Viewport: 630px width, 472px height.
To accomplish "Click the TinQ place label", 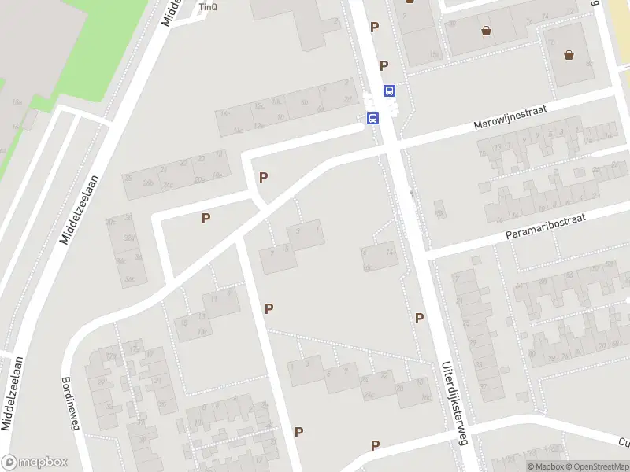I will (x=207, y=7).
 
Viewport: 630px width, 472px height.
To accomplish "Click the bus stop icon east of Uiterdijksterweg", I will (x=389, y=90).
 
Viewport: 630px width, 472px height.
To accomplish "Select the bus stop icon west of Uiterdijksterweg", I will (x=372, y=119).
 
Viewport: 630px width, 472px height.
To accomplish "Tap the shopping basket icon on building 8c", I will (x=569, y=55).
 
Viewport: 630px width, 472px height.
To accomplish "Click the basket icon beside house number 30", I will (x=487, y=31).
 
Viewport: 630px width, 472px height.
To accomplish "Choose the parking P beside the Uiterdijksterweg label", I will (x=419, y=318).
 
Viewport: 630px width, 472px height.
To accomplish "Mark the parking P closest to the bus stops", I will (x=384, y=66).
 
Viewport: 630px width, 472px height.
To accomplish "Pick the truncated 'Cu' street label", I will (x=624, y=442).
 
